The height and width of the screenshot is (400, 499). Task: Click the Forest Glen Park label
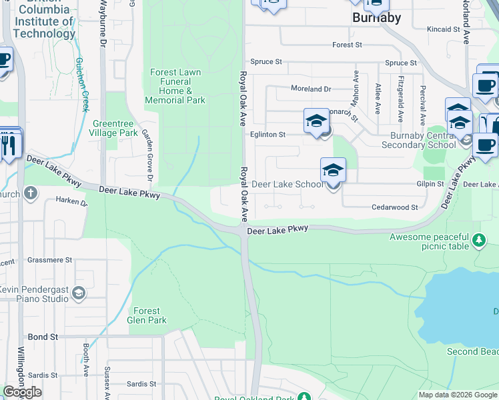[147, 315]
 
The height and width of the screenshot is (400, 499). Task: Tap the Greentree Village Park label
[114, 128]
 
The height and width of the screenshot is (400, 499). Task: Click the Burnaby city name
[376, 18]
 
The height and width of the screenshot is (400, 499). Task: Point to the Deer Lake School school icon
[333, 171]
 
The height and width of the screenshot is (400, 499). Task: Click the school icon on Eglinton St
[316, 121]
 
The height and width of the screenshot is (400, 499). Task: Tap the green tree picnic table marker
[478, 239]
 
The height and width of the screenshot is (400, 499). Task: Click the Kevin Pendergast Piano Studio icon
[79, 293]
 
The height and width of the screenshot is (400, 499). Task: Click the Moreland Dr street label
[311, 89]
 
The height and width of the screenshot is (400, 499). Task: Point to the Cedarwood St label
[395, 207]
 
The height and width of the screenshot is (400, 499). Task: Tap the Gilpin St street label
[432, 184]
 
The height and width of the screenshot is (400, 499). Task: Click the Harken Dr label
[72, 201]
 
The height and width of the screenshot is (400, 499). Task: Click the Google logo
[23, 392]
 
